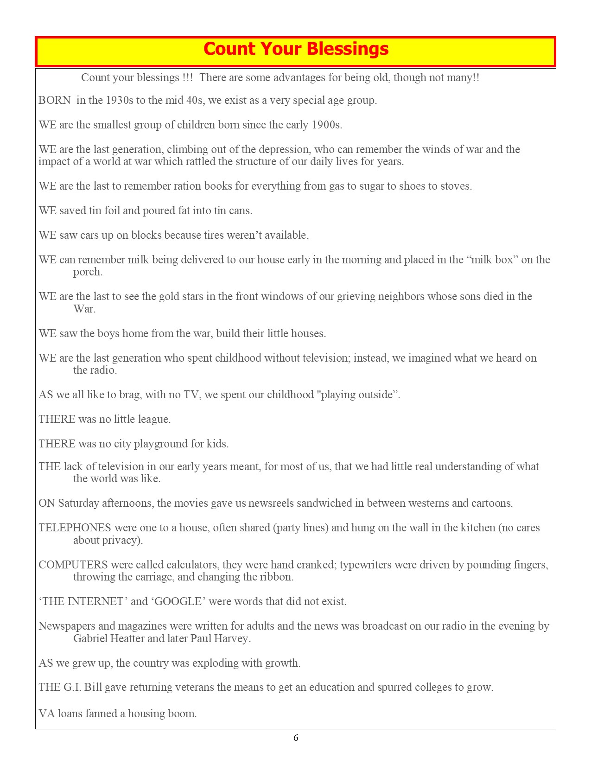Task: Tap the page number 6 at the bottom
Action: pyautogui.click(x=296, y=738)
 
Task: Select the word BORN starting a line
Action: pyautogui.click(x=55, y=101)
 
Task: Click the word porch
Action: pyautogui.click(x=88, y=272)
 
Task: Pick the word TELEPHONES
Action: pyautogui.click(x=75, y=528)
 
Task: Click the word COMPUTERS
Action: pyautogui.click(x=73, y=565)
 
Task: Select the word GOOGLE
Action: pyautogui.click(x=178, y=602)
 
